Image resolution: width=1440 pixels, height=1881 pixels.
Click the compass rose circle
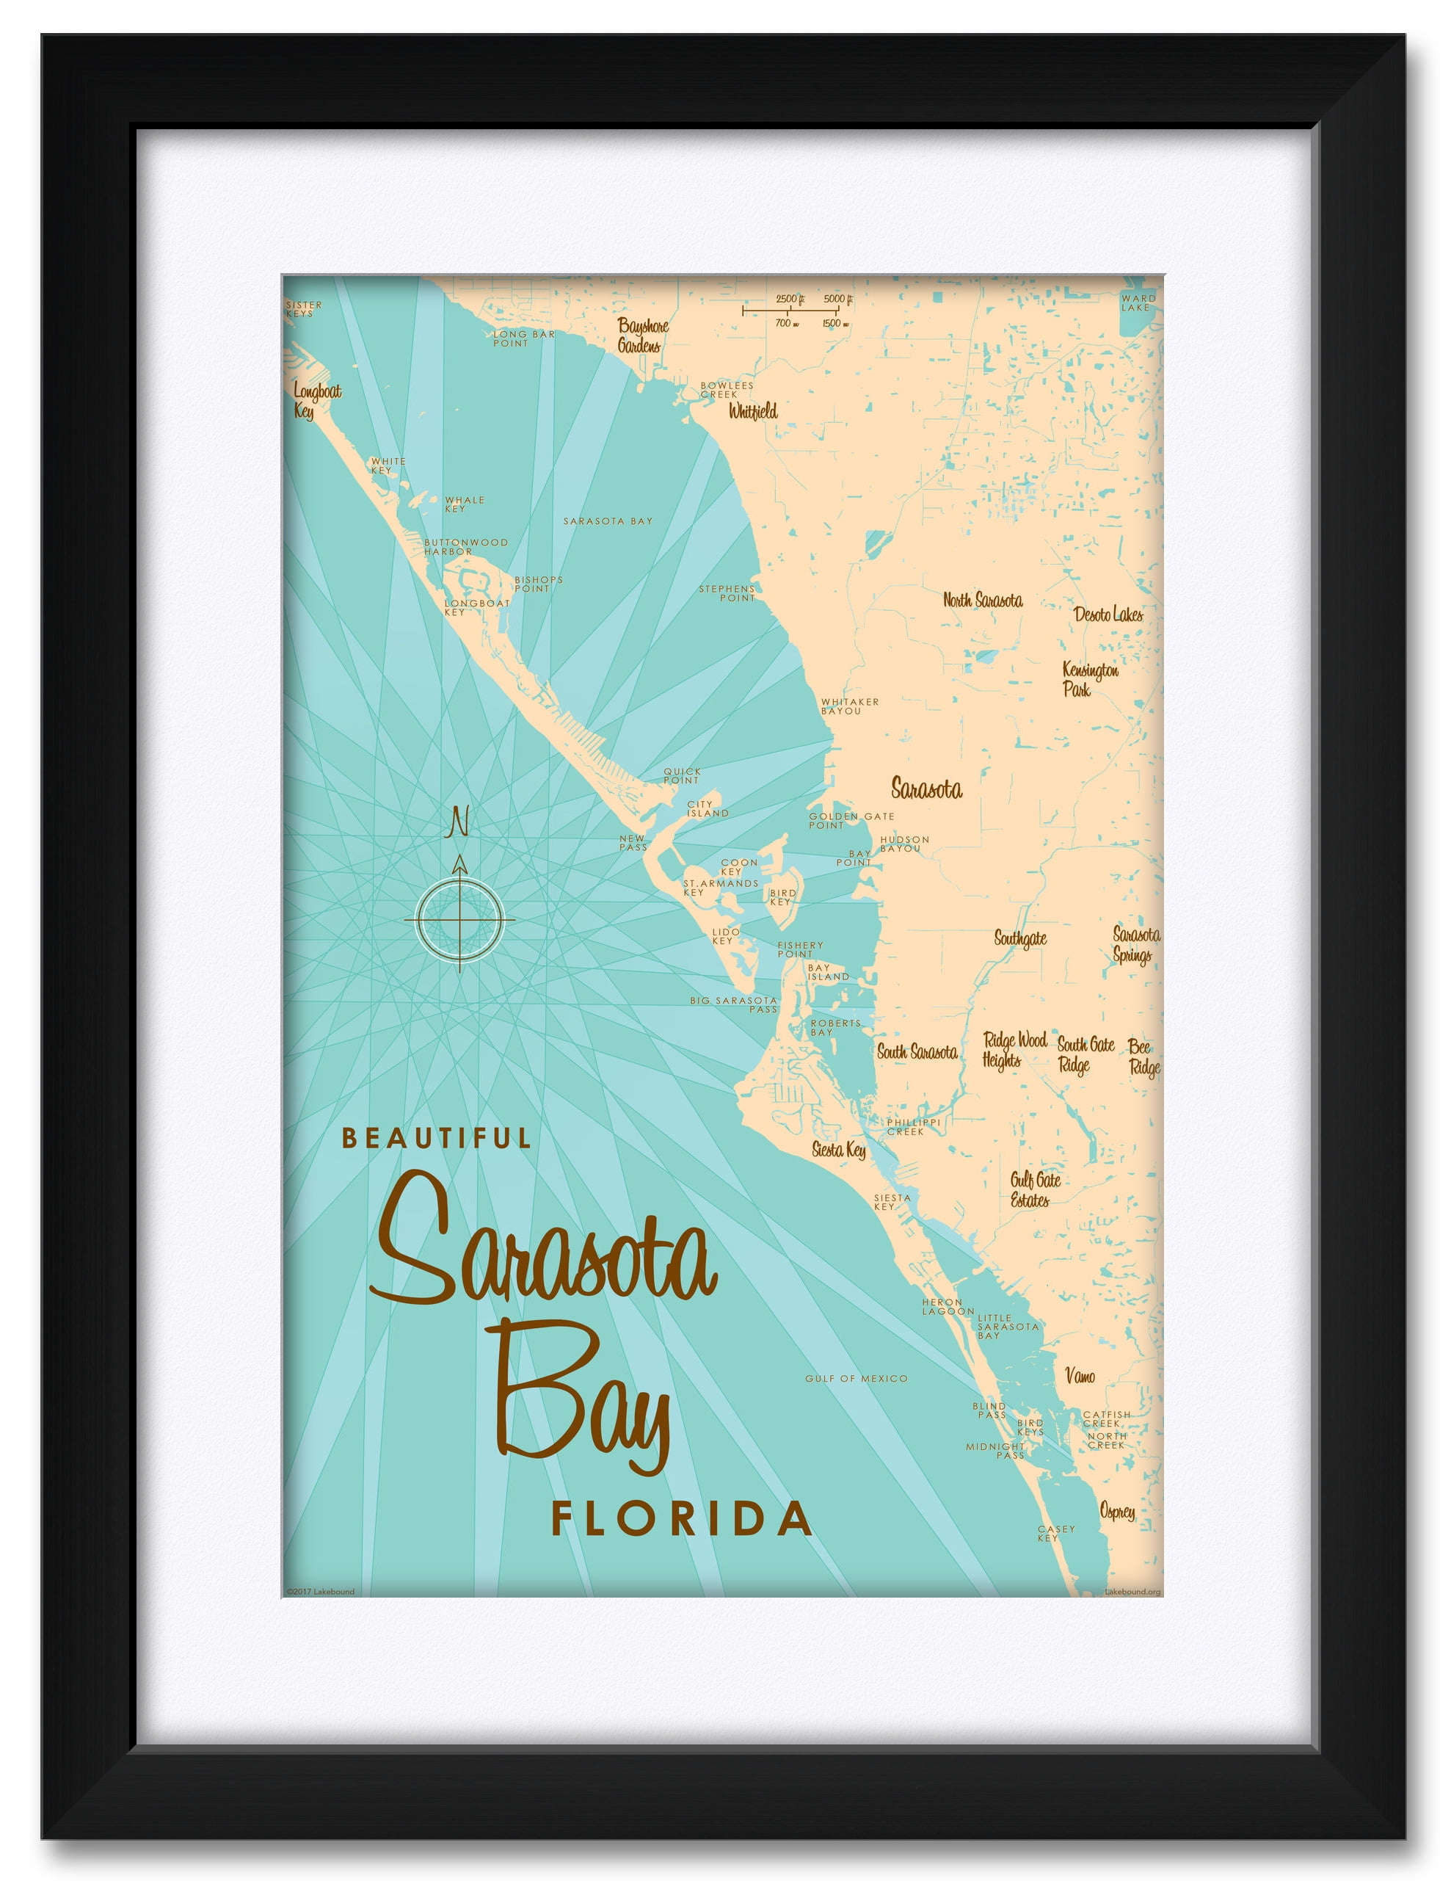459,919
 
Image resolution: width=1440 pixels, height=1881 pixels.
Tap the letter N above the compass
459,822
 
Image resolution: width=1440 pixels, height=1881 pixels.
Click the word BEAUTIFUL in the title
437,1138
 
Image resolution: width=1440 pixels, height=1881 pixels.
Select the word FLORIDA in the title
681,1519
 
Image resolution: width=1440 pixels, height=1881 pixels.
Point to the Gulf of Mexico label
856,1379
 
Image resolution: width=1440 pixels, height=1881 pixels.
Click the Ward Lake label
1138,302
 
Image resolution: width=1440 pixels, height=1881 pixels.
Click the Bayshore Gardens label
642,336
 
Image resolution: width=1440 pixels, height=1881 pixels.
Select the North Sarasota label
982,600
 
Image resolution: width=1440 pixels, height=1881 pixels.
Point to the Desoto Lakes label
1108,614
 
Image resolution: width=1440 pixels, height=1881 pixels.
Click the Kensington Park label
1089,679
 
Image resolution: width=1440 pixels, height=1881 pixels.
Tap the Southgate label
1020,938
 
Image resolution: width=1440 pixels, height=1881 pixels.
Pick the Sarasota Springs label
1135,945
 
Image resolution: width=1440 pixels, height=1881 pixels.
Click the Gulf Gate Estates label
1035,1189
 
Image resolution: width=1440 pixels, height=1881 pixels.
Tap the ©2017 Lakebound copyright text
321,1592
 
